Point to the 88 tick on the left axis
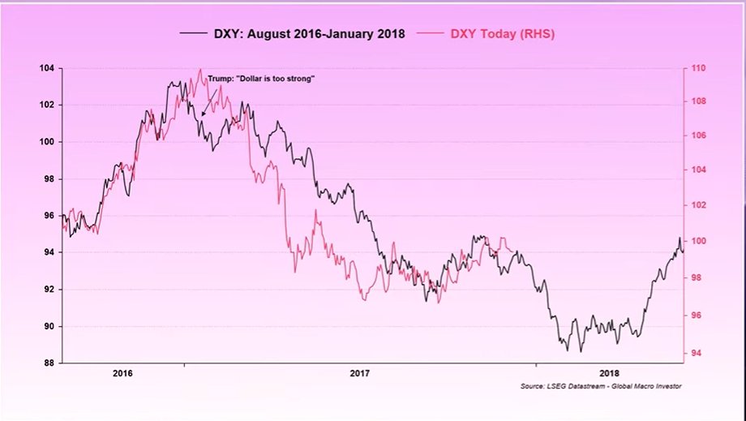tap(49, 363)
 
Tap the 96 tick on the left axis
tap(49, 216)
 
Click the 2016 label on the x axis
tap(123, 374)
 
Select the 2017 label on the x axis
tap(361, 374)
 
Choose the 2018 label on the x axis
tap(608, 374)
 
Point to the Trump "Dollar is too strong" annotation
tap(260, 79)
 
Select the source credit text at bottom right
tap(600, 387)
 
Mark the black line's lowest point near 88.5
tap(580, 351)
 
